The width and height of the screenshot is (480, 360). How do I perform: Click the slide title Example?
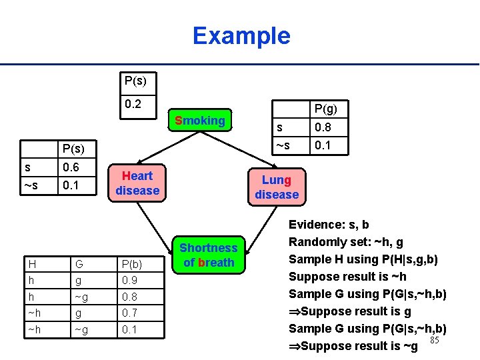241,35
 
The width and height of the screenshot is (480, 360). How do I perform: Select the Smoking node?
199,121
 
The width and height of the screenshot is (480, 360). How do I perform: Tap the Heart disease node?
137,183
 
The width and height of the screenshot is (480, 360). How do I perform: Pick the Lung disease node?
276,187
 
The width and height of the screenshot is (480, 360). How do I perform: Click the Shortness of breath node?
209,255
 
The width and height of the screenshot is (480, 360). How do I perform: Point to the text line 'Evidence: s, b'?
329,225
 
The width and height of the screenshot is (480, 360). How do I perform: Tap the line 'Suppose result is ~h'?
347,277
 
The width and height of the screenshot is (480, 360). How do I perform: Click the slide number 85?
434,341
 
